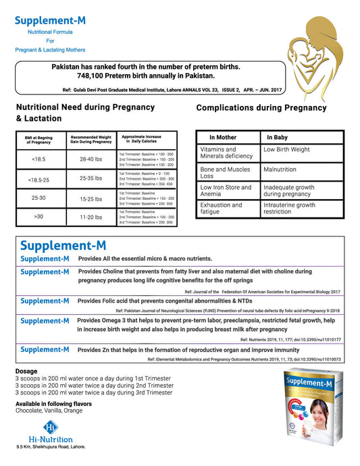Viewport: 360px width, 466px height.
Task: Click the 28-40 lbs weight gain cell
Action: [91, 159]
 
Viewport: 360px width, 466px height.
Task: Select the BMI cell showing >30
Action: [39, 217]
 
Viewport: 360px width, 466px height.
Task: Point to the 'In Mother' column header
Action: [222, 136]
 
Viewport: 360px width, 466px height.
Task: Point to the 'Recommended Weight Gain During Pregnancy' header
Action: [91, 139]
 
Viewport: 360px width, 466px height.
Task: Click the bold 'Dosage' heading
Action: [26, 371]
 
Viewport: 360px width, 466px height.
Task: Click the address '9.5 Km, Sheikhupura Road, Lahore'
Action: [51, 446]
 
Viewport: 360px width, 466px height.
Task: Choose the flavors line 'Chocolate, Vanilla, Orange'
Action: [49, 411]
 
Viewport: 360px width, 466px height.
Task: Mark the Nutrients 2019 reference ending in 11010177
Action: [290, 340]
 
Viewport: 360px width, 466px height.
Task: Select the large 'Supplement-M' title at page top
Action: [51, 20]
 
